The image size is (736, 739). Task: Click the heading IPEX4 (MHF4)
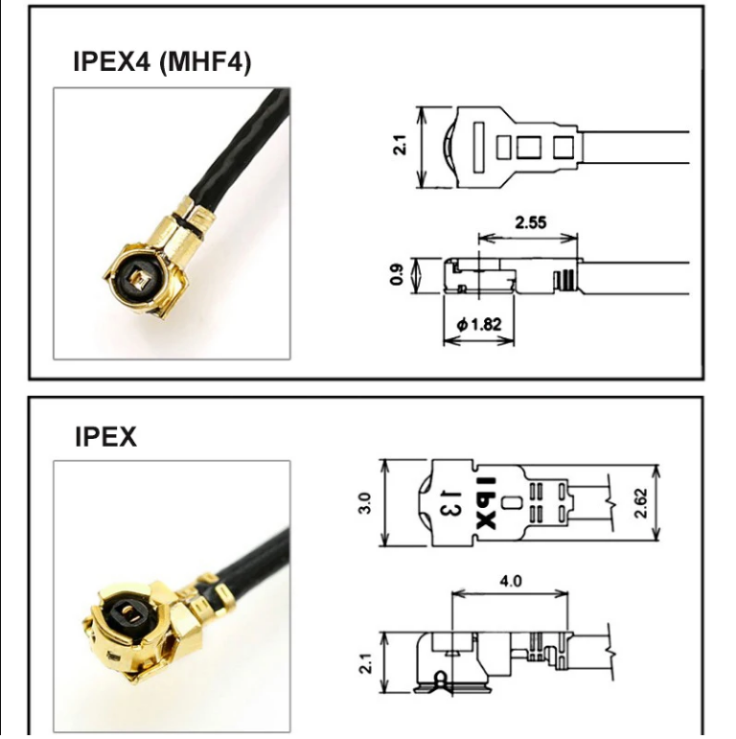coord(162,62)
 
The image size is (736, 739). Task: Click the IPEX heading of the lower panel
coord(105,437)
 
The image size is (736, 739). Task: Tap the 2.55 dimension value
coord(530,222)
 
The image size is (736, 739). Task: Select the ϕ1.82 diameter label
coord(479,324)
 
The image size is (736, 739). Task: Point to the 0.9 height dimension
coord(396,275)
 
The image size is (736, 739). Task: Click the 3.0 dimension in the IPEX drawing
coord(364,502)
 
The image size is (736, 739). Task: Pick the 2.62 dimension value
coord(641,502)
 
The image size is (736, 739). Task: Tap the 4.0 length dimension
coord(510,581)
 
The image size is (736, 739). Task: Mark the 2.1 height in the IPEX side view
coord(365,661)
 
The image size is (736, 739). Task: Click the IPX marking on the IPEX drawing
coord(485,502)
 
